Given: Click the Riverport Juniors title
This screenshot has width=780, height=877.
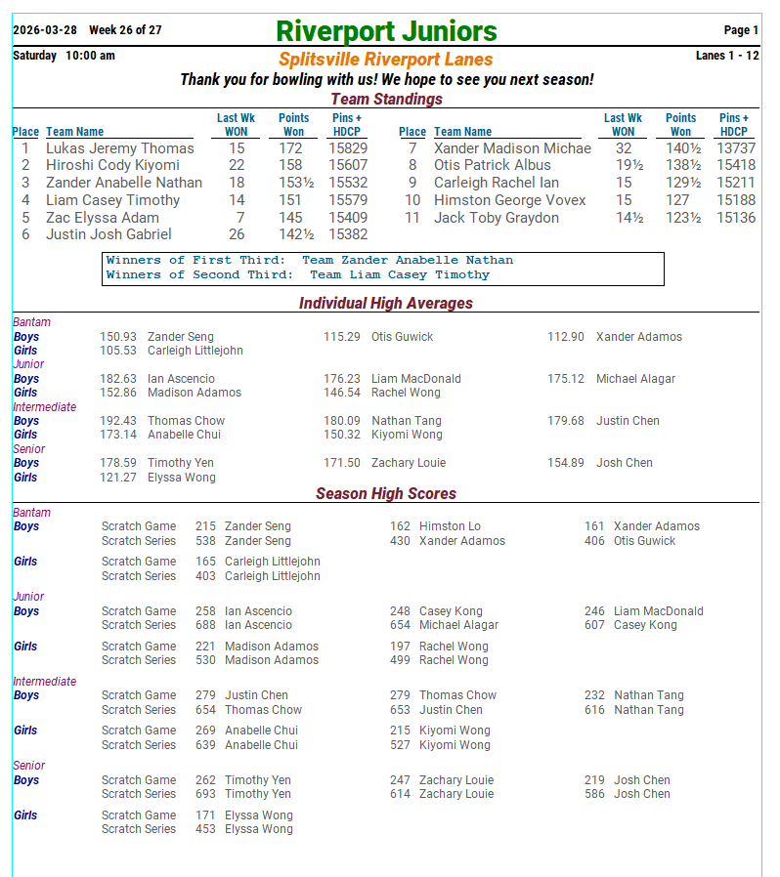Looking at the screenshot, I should click(x=386, y=31).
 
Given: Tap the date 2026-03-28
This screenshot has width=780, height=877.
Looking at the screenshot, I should click(x=44, y=30).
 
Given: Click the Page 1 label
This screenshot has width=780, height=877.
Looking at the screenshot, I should click(x=741, y=30).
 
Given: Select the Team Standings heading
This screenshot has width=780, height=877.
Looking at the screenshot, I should click(x=386, y=99).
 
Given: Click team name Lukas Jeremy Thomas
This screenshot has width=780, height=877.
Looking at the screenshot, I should click(x=119, y=148).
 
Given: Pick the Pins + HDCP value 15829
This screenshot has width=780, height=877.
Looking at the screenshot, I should click(x=348, y=148).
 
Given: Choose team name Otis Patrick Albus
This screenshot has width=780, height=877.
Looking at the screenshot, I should click(x=492, y=165).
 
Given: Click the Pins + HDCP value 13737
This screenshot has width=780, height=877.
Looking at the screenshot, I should click(x=736, y=148).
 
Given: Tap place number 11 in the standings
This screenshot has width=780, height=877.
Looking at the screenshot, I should click(x=412, y=218).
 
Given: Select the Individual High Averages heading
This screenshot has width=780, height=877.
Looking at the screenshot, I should click(x=386, y=304).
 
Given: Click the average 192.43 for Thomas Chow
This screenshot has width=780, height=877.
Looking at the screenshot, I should click(x=118, y=421).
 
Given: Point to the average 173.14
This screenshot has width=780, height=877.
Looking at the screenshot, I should click(x=118, y=435).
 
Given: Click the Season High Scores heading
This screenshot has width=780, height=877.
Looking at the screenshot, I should click(x=386, y=494).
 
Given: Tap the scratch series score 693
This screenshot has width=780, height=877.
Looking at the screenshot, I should click(x=205, y=794).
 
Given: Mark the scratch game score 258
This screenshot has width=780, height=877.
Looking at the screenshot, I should click(x=205, y=611).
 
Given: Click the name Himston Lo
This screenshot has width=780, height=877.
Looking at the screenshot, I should click(x=450, y=526).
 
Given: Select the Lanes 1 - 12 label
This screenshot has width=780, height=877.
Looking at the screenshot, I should click(x=727, y=56).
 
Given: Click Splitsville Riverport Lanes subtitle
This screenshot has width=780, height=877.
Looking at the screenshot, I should click(x=386, y=60).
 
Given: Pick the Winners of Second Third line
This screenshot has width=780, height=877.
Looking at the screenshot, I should click(x=298, y=274).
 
